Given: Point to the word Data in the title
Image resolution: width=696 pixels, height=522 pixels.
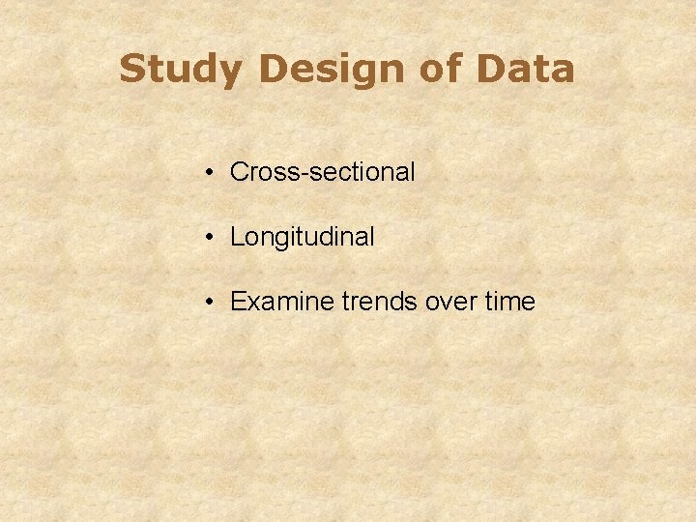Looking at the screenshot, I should (527, 70).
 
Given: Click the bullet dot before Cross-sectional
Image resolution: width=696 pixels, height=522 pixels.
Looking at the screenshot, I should (210, 173).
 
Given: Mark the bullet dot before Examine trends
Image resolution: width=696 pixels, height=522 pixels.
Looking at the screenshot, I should (210, 303).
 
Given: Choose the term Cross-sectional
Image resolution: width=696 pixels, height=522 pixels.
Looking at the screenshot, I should (323, 173).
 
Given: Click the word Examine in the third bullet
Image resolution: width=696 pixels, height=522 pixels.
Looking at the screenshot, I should (283, 303).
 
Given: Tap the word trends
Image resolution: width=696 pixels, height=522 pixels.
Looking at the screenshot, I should (380, 303).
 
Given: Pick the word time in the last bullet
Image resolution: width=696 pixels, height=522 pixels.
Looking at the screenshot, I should (509, 303).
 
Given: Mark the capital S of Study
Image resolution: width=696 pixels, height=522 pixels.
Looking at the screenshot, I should (131, 70).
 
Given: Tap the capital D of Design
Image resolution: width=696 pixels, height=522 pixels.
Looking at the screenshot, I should (273, 70).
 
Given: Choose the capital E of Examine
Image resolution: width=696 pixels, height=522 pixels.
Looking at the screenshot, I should (238, 303).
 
